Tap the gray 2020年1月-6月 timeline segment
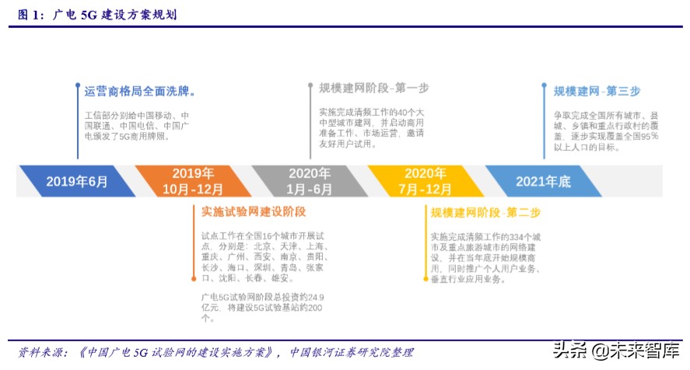click(x=310, y=181)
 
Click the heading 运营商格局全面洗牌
click(x=140, y=91)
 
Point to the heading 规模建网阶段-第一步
click(x=373, y=88)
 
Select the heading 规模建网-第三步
click(x=597, y=91)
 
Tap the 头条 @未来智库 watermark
click(x=615, y=351)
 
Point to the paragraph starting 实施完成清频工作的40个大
click(x=371, y=127)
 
